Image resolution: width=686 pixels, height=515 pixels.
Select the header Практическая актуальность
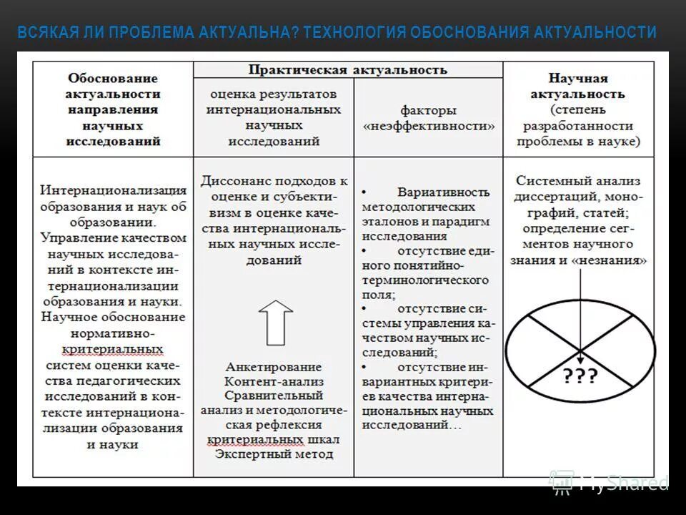pos(347,69)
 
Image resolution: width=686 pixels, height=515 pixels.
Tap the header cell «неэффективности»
pos(428,126)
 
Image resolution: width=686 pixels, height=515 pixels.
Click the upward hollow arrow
pos(275,321)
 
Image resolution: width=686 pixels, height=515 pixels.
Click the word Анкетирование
pos(274,367)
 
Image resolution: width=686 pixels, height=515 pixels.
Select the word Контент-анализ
pos(274,381)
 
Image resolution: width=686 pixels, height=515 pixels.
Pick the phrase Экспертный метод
pos(274,453)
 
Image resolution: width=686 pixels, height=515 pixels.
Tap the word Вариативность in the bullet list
pos(443,192)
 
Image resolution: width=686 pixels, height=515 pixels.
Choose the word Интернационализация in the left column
pos(114,191)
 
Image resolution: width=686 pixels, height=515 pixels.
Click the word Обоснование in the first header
pos(113,77)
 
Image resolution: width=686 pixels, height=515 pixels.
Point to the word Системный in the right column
pos(548,181)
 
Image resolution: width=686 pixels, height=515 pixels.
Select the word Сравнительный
pos(274,396)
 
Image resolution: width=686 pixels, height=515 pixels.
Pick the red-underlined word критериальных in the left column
pos(113,348)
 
